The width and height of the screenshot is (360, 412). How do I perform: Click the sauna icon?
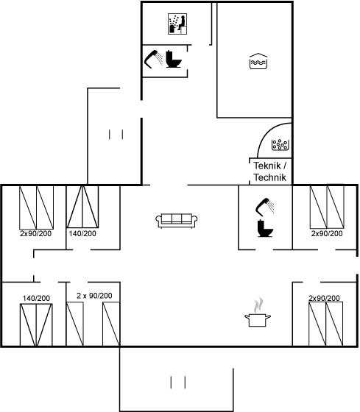[177, 24]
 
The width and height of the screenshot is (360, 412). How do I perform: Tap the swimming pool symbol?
[258, 61]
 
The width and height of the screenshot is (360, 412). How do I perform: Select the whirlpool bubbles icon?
[280, 144]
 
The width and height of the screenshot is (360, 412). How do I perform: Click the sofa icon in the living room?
[177, 221]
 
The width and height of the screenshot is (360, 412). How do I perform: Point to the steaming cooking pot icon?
[258, 313]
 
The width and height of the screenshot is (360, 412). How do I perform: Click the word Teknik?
[267, 166]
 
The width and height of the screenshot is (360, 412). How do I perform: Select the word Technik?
[269, 177]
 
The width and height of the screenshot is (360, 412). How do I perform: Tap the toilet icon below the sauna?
[174, 59]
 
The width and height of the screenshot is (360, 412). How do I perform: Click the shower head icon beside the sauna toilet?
[154, 59]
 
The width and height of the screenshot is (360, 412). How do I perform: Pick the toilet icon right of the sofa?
[265, 228]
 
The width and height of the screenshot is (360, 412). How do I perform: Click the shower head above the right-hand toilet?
[265, 206]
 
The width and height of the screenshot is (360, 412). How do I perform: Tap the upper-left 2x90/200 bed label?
[36, 234]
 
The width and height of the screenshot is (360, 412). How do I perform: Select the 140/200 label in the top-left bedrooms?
[82, 233]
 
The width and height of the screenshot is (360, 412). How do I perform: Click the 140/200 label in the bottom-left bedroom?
[36, 298]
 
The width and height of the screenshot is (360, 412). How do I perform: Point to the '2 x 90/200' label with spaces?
[94, 296]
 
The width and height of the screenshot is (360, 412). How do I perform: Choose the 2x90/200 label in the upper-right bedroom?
[327, 233]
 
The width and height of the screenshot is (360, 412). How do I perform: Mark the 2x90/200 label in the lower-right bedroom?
[324, 298]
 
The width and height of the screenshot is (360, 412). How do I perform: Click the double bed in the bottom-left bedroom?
[36, 324]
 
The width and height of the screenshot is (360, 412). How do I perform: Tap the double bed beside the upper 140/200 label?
[82, 207]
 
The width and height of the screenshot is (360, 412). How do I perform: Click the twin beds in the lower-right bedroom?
[326, 324]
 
